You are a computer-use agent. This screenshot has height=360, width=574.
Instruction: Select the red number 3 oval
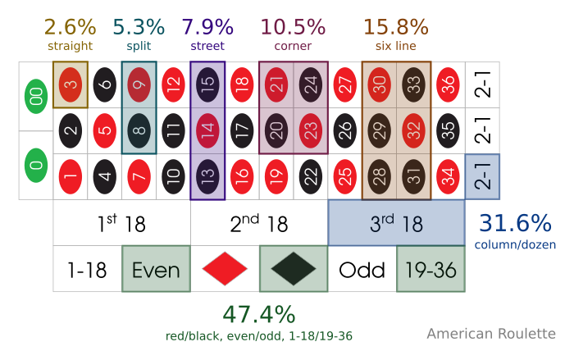pyautogui.click(x=71, y=84)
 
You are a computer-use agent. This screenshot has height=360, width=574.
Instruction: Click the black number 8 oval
pyautogui.click(x=139, y=130)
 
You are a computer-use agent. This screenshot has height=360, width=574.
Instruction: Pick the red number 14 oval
pyautogui.click(x=208, y=130)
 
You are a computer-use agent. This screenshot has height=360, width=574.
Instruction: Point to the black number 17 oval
pyautogui.click(x=242, y=130)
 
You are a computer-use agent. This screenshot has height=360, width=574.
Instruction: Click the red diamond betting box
pyautogui.click(x=225, y=268)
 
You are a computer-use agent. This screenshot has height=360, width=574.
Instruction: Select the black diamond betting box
pyautogui.click(x=294, y=268)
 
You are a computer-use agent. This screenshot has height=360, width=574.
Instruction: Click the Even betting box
pyautogui.click(x=156, y=268)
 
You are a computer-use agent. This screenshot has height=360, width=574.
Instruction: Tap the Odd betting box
pyautogui.click(x=362, y=268)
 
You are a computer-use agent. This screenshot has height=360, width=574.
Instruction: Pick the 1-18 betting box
pyautogui.click(x=87, y=268)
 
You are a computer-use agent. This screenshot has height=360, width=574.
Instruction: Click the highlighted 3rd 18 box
pyautogui.click(x=397, y=222)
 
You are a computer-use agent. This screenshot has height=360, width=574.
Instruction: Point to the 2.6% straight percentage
pyautogui.click(x=71, y=27)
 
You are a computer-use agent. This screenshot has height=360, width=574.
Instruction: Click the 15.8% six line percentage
pyautogui.click(x=395, y=27)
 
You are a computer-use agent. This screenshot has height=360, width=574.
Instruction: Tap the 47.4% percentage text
pyautogui.click(x=259, y=315)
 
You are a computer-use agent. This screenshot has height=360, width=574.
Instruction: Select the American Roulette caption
pyautogui.click(x=491, y=334)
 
